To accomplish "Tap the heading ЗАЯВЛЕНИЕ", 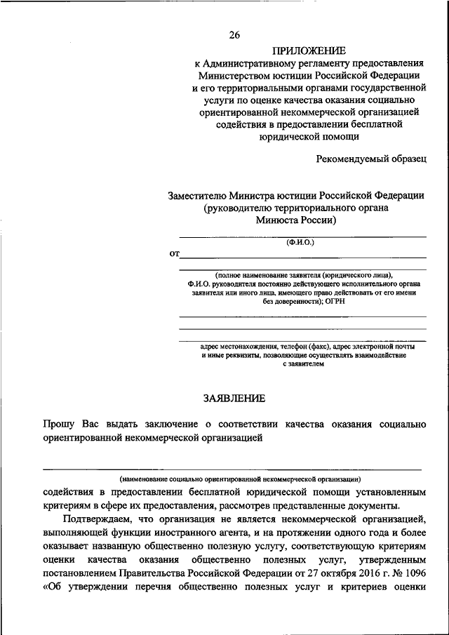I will pyautogui.click(x=234, y=399).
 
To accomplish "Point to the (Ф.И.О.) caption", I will pyautogui.click(x=300, y=242).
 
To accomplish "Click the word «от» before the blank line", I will pyautogui.click(x=173, y=253).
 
